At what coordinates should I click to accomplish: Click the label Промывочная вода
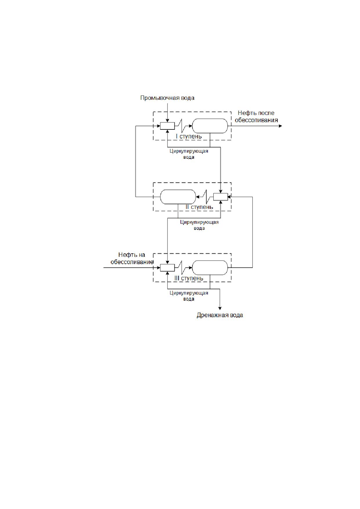pyautogui.click(x=167, y=98)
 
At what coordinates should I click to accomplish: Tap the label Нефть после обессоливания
pyautogui.click(x=256, y=116)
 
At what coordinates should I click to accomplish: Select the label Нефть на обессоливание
pyautogui.click(x=132, y=258)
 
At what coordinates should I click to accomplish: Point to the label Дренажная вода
pyautogui.click(x=220, y=315)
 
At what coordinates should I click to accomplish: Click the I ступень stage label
pyautogui.click(x=189, y=136)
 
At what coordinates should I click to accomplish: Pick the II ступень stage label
pyautogui.click(x=199, y=207)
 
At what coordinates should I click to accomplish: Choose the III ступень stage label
pyautogui.click(x=189, y=278)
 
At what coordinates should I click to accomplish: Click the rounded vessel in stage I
pyautogui.click(x=210, y=126)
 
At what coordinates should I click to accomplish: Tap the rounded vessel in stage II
pyautogui.click(x=178, y=197)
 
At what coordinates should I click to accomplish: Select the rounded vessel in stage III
pyautogui.click(x=210, y=268)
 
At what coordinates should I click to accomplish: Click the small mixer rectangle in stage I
pyautogui.click(x=167, y=126)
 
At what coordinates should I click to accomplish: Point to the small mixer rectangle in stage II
pyautogui.click(x=220, y=197)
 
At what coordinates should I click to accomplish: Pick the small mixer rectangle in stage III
pyautogui.click(x=167, y=268)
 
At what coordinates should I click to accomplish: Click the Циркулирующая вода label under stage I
pyautogui.click(x=189, y=154)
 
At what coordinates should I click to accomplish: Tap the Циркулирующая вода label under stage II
pyautogui.click(x=199, y=225)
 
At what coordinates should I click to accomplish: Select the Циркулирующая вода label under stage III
pyautogui.click(x=189, y=296)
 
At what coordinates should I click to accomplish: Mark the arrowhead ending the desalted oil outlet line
pyautogui.click(x=280, y=126)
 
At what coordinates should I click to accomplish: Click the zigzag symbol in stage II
pyautogui.click(x=206, y=197)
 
